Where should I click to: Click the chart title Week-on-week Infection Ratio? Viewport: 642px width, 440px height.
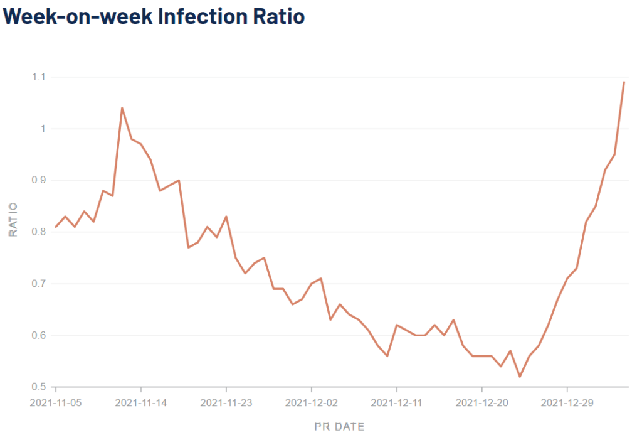tap(154, 16)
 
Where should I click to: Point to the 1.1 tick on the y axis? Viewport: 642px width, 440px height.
tap(39, 77)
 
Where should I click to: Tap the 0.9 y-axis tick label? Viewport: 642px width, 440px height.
tap(39, 180)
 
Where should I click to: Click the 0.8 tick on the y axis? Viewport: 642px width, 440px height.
tap(39, 232)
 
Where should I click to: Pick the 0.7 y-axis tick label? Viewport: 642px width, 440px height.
tap(39, 284)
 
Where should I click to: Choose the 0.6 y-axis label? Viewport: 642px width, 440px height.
tap(39, 335)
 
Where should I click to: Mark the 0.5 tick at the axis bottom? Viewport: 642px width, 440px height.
tap(39, 387)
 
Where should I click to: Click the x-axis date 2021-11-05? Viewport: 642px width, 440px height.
tap(56, 403)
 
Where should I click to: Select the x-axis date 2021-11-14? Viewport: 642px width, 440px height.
tap(141, 403)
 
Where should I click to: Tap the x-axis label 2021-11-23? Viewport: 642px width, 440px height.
tap(226, 403)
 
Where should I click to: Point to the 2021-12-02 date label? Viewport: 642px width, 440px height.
tap(312, 403)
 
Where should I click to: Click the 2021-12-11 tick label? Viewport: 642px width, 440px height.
tap(397, 403)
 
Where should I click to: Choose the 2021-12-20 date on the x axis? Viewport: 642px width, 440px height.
tap(482, 403)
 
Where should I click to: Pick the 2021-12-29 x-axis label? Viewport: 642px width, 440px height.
tap(567, 403)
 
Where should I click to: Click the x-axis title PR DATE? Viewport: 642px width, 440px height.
tap(339, 427)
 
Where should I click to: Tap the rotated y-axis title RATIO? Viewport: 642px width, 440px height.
tap(13, 219)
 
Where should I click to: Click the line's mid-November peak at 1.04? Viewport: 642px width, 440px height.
tap(122, 108)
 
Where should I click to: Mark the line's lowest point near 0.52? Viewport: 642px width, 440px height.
tap(520, 377)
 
